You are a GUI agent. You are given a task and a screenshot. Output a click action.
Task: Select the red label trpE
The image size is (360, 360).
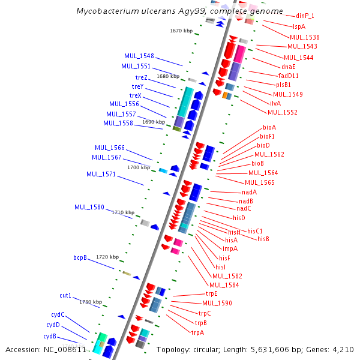click(x=211, y=293)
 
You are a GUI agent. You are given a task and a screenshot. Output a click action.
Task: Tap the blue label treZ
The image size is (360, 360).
click(x=141, y=77)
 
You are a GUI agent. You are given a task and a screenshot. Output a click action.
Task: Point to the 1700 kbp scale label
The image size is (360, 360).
click(x=139, y=167)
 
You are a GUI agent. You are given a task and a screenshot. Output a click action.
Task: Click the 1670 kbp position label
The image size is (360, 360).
click(x=181, y=30)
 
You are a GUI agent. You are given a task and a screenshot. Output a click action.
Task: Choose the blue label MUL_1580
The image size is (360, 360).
click(x=89, y=207)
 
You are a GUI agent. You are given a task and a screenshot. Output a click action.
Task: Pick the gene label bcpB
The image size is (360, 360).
click(x=80, y=257)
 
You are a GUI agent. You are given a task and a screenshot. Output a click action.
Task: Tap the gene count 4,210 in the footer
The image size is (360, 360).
click(x=341, y=349)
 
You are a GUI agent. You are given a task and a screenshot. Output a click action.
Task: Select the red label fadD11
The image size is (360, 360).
click(x=289, y=76)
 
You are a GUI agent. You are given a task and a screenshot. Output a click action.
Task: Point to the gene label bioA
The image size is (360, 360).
click(x=269, y=127)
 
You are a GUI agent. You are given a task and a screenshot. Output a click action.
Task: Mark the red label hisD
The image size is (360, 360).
click(x=239, y=217)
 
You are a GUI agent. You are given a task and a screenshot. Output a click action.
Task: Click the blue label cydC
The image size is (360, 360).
click(x=58, y=314)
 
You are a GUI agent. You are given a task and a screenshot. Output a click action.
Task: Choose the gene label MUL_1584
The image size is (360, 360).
click(x=224, y=284)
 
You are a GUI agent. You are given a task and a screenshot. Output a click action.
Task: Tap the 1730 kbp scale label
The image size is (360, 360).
click(x=91, y=302)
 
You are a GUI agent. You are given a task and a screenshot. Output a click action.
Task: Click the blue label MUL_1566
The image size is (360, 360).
click(x=110, y=148)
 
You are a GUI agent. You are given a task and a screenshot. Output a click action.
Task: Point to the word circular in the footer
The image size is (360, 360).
click(x=211, y=349)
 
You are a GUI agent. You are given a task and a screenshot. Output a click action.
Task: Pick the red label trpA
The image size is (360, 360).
click(x=198, y=332)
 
